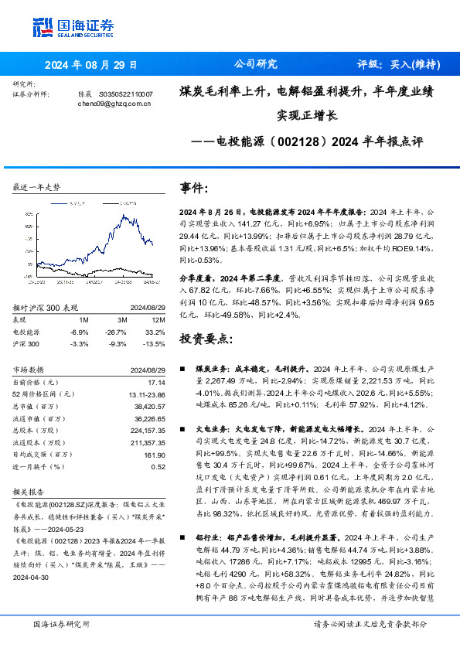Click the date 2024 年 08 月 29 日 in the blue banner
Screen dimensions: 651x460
pos(90,64)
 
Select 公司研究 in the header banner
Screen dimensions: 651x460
pos(254,64)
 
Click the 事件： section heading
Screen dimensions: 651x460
pos(194,189)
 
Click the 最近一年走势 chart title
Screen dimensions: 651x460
pos(37,188)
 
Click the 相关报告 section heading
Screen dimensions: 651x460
pos(29,491)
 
